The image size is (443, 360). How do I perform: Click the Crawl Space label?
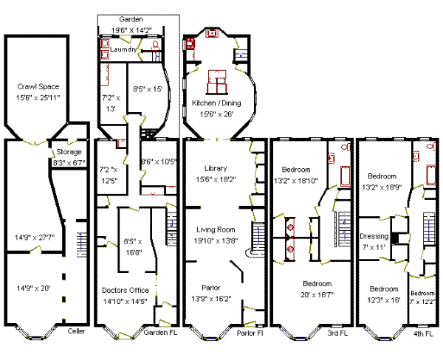[x=38, y=86]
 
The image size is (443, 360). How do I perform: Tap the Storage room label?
[x=69, y=152]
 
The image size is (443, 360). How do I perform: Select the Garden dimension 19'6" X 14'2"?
[x=131, y=30]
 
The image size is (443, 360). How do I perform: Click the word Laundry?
[x=123, y=49]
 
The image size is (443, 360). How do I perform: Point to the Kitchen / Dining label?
[x=216, y=103]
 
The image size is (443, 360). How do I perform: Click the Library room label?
[x=216, y=168]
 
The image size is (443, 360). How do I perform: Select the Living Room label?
[x=216, y=230]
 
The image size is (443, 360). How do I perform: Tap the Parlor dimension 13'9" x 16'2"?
[x=211, y=299]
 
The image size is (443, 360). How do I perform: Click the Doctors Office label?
[x=126, y=290]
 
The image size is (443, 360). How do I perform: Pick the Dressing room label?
[x=374, y=236]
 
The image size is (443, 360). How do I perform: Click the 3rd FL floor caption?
[x=337, y=333]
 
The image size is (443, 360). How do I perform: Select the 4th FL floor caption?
[x=423, y=333]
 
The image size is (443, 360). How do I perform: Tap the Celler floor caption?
[x=76, y=331]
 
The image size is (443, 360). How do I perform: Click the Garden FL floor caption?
[x=160, y=333]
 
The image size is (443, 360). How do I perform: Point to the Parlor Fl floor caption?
[x=250, y=333]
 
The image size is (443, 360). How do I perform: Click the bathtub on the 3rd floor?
[x=346, y=176]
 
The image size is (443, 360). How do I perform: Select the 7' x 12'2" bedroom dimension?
[x=422, y=302]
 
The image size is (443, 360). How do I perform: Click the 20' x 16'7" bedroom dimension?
[x=317, y=295]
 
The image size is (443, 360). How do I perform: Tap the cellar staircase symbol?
[x=82, y=244]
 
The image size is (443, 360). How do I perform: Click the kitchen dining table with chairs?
[x=217, y=82]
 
